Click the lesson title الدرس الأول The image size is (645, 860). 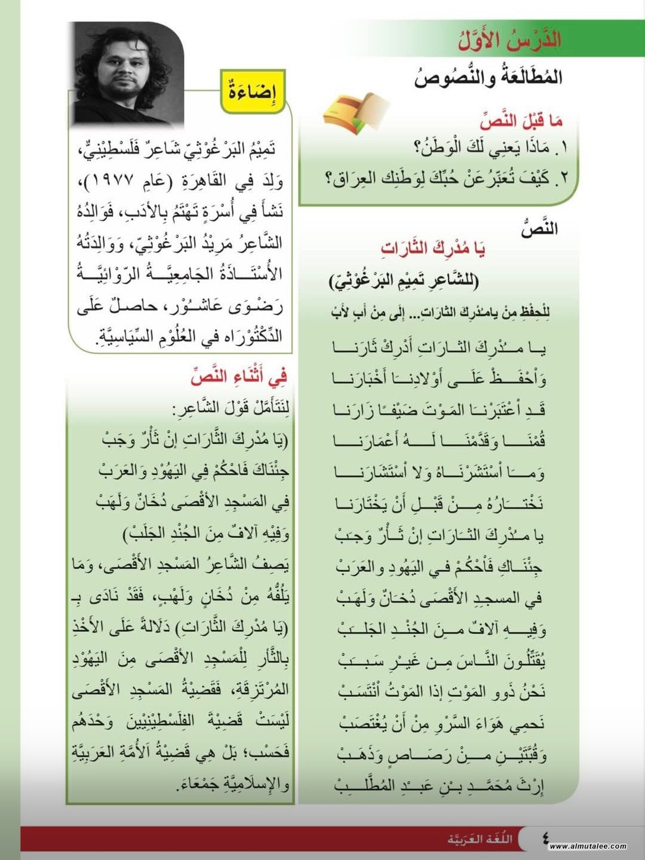509,39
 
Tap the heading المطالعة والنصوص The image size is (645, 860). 488,78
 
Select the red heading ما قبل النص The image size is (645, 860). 521,121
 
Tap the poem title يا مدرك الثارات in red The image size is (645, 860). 432,248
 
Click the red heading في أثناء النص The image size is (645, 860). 239,377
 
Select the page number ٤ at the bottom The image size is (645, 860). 545,837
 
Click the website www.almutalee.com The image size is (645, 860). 588,846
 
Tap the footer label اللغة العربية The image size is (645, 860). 480,838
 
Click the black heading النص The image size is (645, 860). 539,229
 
